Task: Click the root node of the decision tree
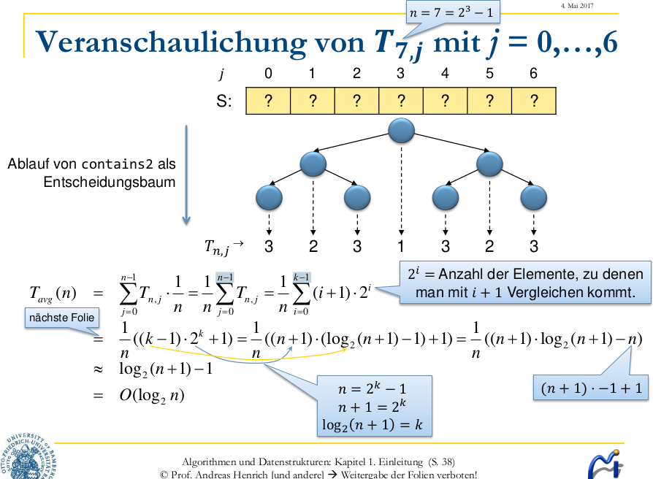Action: (401, 131)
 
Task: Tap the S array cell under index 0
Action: (269, 101)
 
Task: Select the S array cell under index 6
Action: (534, 101)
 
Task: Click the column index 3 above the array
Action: (400, 74)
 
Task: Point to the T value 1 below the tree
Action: (401, 246)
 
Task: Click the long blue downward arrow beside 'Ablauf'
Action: (187, 175)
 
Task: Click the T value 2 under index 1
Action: (313, 246)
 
